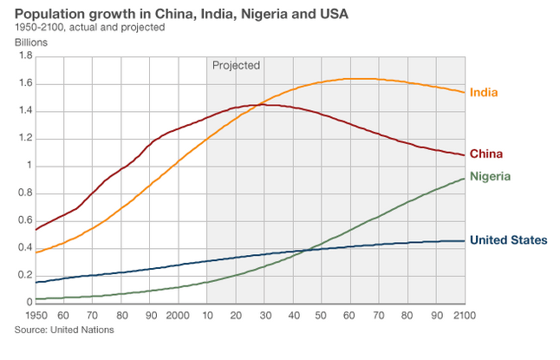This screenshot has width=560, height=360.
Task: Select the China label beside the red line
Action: coord(486,154)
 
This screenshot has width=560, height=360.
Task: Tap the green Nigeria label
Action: coord(490,177)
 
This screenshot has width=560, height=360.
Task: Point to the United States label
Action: coord(508,239)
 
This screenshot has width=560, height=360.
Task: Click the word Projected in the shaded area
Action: coord(237,65)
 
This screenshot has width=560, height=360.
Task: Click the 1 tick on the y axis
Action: coord(28,166)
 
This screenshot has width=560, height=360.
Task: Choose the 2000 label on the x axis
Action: coord(179,314)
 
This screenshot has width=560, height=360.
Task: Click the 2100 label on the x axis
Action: coord(464,314)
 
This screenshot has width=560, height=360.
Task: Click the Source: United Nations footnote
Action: coord(64,330)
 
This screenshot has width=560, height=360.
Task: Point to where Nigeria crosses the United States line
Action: coord(300,251)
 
